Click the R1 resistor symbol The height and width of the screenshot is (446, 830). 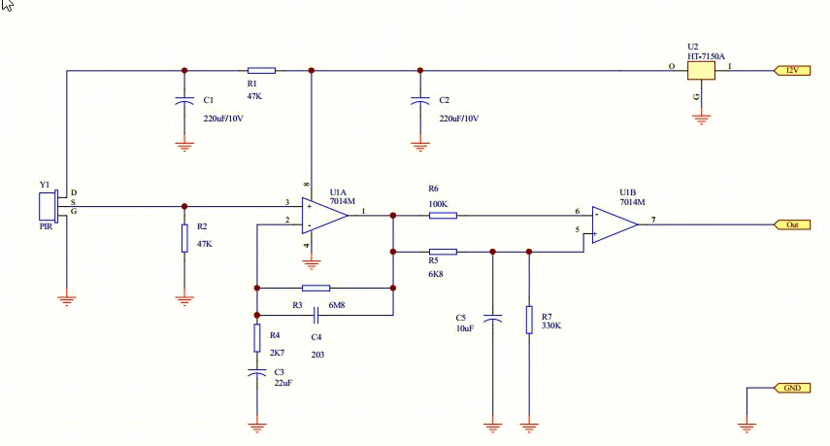pos(261,71)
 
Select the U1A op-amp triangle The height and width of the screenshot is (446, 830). pos(324,216)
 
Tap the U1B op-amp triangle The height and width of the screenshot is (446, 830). pos(614,224)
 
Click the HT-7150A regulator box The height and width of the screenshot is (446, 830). pos(701,71)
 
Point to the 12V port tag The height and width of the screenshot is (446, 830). pos(792,71)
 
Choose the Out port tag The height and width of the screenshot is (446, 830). pos(792,224)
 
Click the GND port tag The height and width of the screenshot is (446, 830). pos(792,388)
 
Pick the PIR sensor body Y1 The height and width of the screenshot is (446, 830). pos(48,207)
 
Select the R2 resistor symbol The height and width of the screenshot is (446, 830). pos(184,238)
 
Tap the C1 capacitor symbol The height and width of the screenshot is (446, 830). pos(184,101)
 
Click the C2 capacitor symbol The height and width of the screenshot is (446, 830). pos(420,101)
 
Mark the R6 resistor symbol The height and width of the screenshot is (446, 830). pos(443,216)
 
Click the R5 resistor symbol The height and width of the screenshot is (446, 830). pos(443,252)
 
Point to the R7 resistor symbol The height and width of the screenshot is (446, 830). pos(529,320)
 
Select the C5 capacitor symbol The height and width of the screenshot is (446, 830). pos(493,319)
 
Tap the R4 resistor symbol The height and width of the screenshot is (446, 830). pos(257,338)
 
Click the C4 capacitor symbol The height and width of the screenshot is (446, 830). pos(316,315)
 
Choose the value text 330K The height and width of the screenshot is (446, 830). pos(551,326)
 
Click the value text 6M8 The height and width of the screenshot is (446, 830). pos(337,305)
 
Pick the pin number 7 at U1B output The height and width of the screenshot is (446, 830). pos(653,220)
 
